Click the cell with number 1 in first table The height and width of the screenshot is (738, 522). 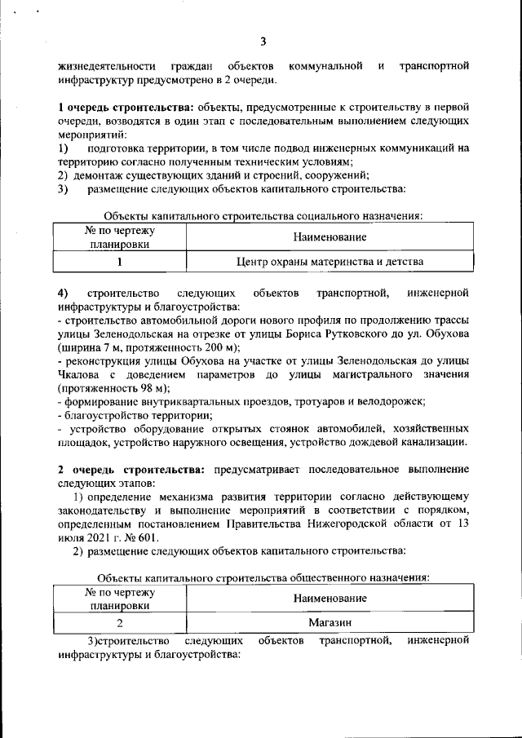(x=120, y=262)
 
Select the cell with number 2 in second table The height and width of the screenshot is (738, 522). (x=120, y=624)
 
